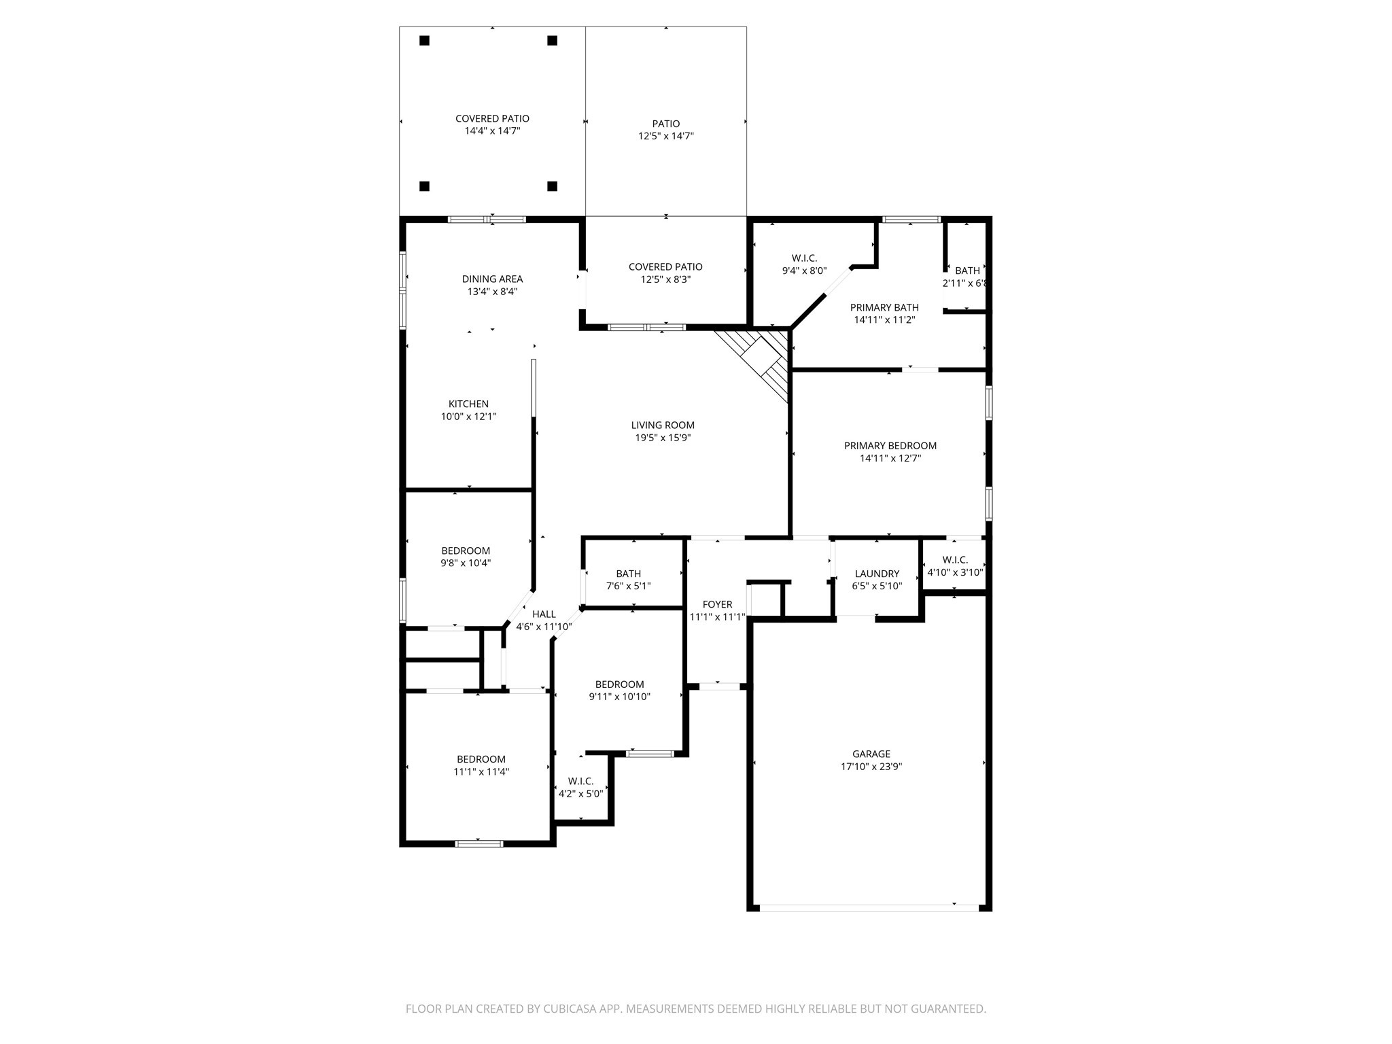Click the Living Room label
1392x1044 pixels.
tap(663, 425)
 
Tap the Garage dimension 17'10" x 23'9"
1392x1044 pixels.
tap(871, 767)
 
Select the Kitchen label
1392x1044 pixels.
tap(468, 404)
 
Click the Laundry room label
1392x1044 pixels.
tap(877, 574)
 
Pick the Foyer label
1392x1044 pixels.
tap(717, 604)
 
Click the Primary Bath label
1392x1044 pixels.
tap(884, 307)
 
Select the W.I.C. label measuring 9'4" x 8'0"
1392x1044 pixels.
tap(804, 258)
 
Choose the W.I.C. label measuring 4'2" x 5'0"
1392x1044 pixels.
tap(580, 782)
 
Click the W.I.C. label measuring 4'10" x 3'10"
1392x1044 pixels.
tap(955, 560)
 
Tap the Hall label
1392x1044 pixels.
tap(544, 614)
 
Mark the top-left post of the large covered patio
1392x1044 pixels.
tap(425, 41)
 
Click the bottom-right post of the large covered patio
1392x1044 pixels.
tap(553, 186)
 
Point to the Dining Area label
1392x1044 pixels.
tap(492, 279)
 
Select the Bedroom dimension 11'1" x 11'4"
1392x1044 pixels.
tap(481, 772)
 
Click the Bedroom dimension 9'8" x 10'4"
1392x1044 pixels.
tap(466, 563)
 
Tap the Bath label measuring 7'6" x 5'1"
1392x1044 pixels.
tap(628, 574)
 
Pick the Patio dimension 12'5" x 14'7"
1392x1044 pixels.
tap(665, 136)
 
